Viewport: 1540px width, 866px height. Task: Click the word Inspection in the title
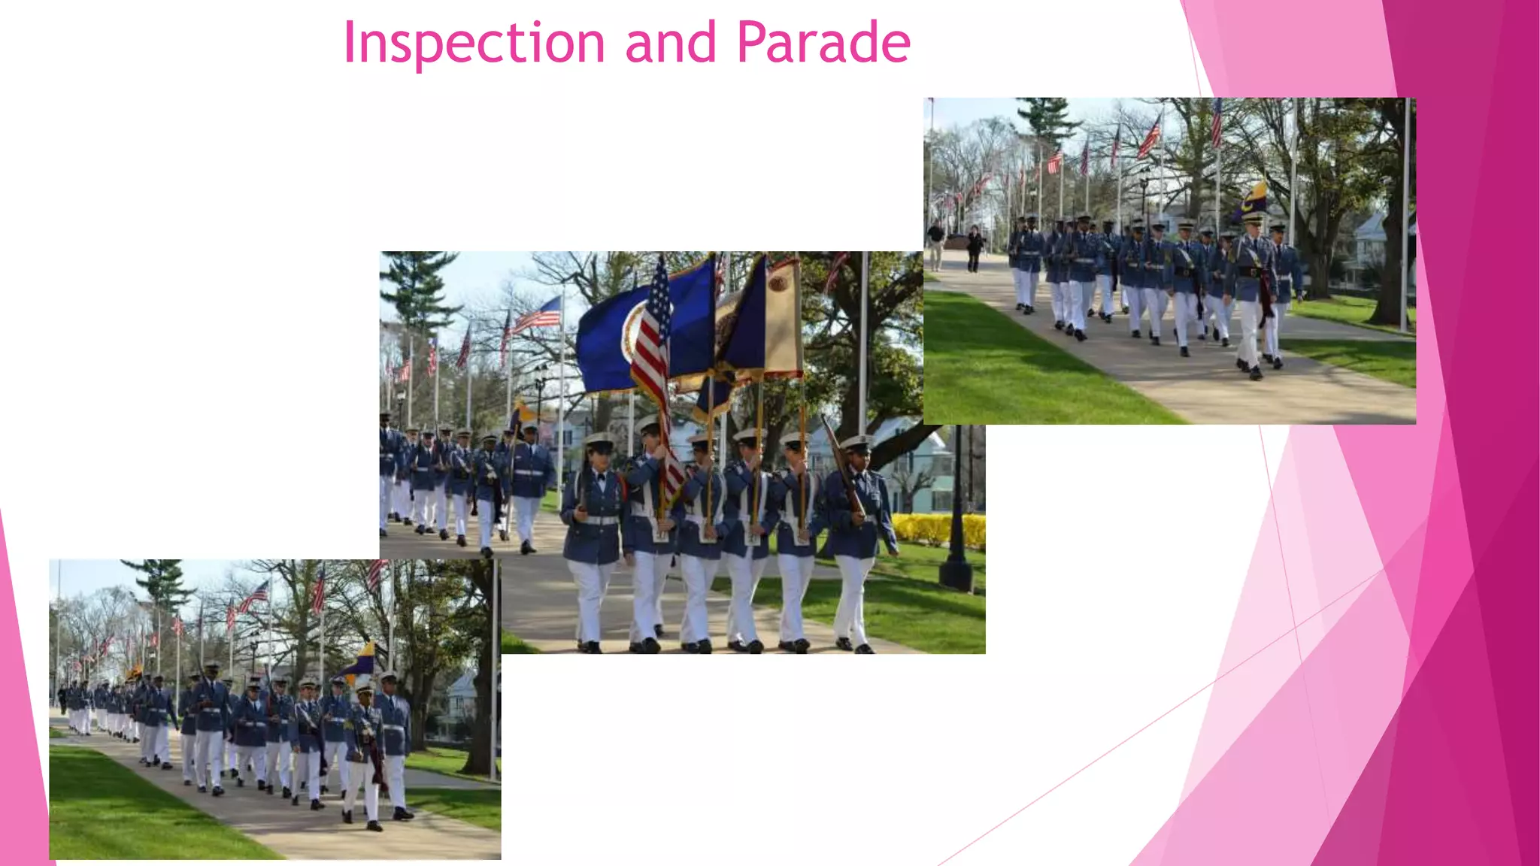(474, 43)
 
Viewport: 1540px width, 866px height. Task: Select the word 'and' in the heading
(670, 43)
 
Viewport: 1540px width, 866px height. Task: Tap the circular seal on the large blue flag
(633, 331)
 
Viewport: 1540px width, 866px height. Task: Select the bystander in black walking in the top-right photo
(975, 248)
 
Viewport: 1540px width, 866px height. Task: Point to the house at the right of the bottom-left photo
(460, 703)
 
